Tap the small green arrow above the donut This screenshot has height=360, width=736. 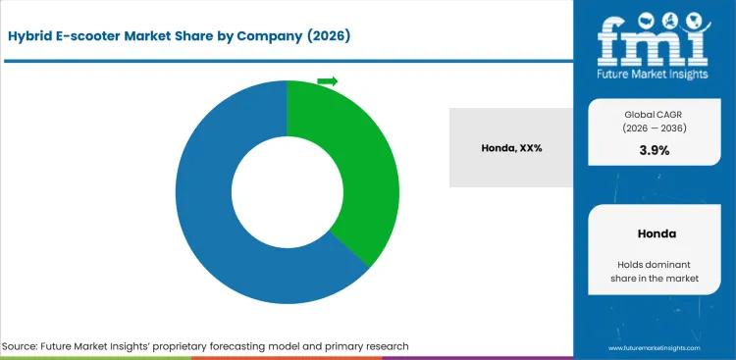[x=327, y=81]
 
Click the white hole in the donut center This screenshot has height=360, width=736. [x=287, y=191]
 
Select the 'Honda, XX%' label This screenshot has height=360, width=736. [x=512, y=147]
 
